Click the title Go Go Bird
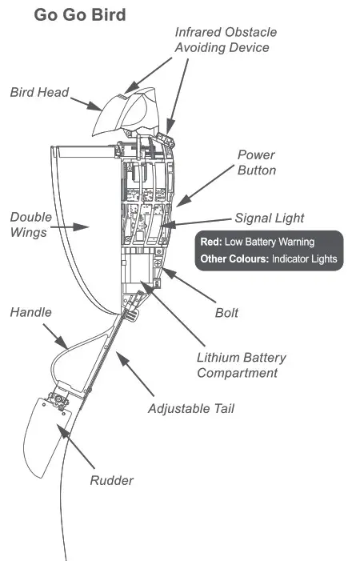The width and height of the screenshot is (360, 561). (x=80, y=15)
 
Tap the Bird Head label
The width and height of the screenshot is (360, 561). (x=39, y=92)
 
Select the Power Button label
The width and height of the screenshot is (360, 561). (x=257, y=162)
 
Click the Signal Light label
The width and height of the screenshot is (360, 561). (x=269, y=218)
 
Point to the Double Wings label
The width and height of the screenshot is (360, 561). (x=31, y=224)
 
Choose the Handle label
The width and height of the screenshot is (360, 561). (x=30, y=312)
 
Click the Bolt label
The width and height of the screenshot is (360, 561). (x=226, y=313)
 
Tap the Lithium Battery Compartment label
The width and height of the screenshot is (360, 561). (x=242, y=365)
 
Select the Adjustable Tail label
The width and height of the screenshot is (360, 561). (x=191, y=409)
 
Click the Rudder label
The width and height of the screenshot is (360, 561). (x=111, y=480)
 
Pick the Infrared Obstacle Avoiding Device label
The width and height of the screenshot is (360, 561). (x=226, y=40)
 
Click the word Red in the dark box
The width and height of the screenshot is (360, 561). (x=211, y=242)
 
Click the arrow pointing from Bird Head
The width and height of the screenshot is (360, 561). (x=86, y=104)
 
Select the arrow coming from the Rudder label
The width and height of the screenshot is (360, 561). (x=76, y=446)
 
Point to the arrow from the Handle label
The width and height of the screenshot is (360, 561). (x=55, y=336)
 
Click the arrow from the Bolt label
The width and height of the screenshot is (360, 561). (x=189, y=285)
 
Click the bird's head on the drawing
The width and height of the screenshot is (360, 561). (x=126, y=111)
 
